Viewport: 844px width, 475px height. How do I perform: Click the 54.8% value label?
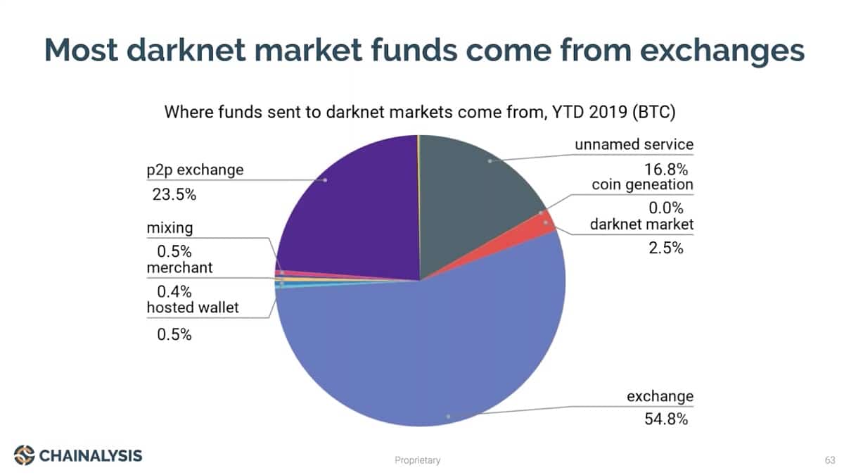(x=666, y=419)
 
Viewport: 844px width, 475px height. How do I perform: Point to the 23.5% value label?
(x=174, y=194)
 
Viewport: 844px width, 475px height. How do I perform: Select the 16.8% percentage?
(x=666, y=170)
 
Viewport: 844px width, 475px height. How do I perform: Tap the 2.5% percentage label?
(x=666, y=248)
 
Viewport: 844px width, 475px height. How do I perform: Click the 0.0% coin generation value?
(x=666, y=208)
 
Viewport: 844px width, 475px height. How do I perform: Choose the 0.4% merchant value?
(x=174, y=291)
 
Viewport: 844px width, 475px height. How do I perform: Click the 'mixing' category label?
(x=170, y=228)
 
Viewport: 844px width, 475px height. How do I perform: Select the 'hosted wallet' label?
(x=193, y=308)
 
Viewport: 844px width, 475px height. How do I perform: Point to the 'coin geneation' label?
(x=642, y=184)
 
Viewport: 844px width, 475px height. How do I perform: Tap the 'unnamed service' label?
(x=634, y=144)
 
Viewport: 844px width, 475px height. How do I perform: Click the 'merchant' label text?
(x=179, y=267)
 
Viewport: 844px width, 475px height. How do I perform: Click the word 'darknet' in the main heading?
(x=186, y=50)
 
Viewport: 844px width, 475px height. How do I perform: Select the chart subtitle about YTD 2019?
(x=420, y=112)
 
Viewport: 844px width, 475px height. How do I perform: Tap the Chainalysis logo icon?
(x=24, y=455)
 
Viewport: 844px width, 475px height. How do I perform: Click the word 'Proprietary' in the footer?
(x=418, y=460)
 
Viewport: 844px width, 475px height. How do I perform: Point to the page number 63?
(x=830, y=460)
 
